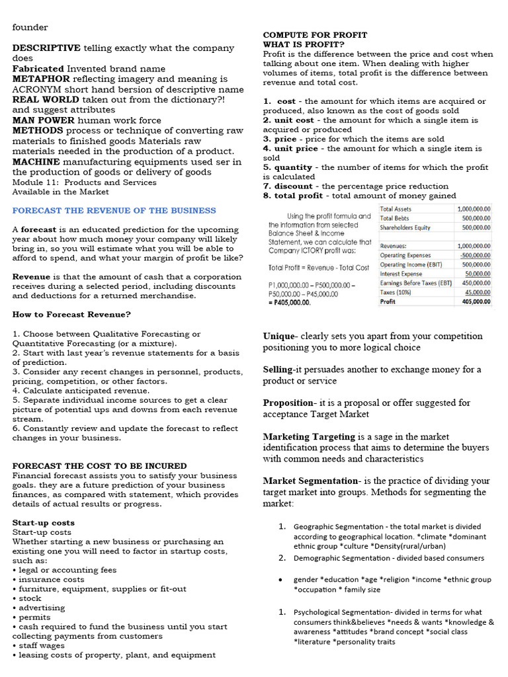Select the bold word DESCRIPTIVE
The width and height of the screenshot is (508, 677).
click(x=46, y=48)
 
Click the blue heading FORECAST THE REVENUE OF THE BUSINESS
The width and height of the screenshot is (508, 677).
click(x=114, y=210)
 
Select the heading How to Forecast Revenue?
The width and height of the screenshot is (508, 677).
click(x=71, y=314)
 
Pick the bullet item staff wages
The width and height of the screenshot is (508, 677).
click(x=42, y=645)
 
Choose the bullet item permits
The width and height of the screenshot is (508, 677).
click(x=34, y=617)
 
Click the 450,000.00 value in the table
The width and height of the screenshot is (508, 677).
click(x=476, y=282)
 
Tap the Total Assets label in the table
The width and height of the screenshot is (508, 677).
click(x=396, y=209)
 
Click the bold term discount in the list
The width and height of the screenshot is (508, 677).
click(x=290, y=186)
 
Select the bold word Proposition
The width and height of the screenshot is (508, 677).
click(x=288, y=403)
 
